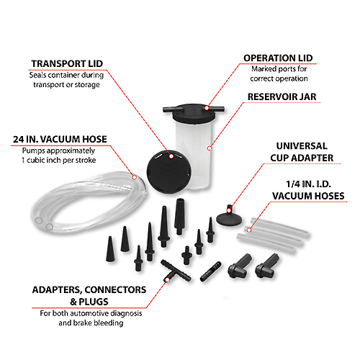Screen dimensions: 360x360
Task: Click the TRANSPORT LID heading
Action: (67, 63)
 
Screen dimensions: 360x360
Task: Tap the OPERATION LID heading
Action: (278, 58)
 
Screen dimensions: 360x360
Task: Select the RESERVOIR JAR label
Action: (282, 96)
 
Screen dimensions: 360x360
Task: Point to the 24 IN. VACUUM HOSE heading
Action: (60, 139)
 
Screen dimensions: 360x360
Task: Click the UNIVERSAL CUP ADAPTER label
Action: (302, 152)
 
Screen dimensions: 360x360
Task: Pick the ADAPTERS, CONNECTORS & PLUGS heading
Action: (89, 296)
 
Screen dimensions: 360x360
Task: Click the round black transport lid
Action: (169, 172)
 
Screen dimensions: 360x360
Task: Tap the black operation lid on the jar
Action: (194, 112)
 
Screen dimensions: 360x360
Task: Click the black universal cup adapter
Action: (229, 217)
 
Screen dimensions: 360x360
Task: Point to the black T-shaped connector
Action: (176, 271)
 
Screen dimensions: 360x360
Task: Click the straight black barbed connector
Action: (210, 271)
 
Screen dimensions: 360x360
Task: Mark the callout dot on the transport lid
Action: (171, 156)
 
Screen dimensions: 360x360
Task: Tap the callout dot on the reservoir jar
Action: (210, 148)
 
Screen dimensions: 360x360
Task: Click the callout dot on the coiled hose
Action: (135, 177)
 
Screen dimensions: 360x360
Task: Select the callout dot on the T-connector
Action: (167, 280)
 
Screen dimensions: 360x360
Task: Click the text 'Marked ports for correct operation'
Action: (279, 73)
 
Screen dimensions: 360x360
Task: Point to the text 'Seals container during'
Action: (66, 75)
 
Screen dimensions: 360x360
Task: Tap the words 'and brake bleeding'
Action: (91, 323)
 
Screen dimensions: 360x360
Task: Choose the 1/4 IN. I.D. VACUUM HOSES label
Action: (308, 190)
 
